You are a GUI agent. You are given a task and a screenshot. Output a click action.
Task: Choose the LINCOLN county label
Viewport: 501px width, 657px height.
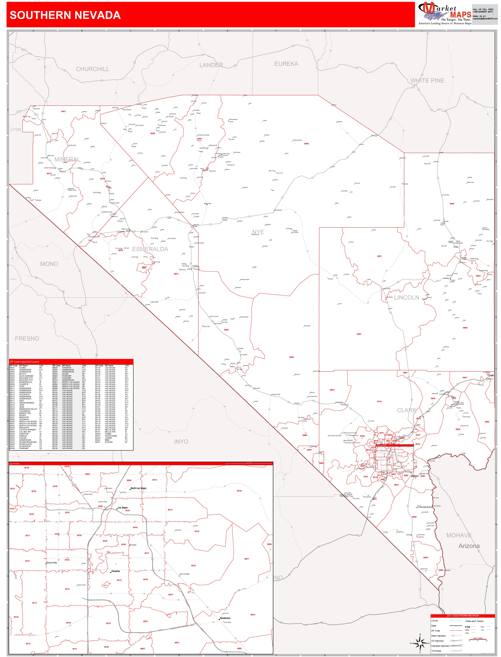(x=407, y=298)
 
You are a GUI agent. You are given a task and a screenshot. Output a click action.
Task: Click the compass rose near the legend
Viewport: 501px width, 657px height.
(x=420, y=643)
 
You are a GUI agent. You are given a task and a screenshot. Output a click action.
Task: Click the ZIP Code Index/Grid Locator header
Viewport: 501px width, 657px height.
(x=24, y=362)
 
